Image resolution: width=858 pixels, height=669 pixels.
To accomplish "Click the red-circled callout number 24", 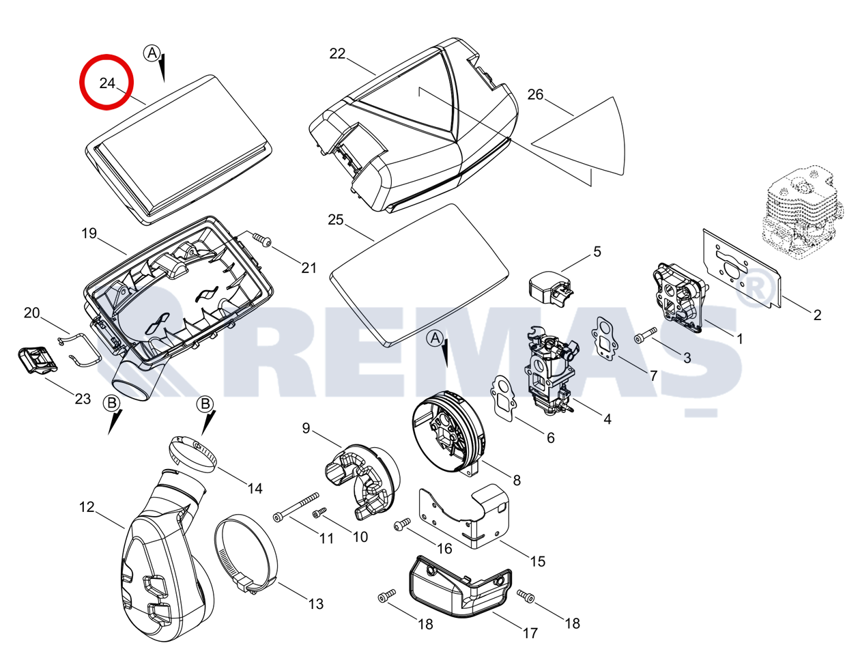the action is coord(107,83).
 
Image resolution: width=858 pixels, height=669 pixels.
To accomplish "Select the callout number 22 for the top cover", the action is coord(337,54).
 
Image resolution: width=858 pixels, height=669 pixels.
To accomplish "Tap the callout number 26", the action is coord(535,95).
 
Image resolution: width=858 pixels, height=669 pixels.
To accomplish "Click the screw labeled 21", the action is coord(262,240).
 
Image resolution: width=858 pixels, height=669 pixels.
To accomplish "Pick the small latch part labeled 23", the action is coord(38,360).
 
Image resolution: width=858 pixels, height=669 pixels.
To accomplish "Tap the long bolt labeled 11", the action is coord(296,505).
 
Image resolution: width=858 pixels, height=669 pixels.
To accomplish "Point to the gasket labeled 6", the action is coord(503,398).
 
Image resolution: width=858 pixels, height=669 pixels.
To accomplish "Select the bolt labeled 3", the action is coord(645,335).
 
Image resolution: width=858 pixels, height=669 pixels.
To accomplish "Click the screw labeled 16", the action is coord(402,524).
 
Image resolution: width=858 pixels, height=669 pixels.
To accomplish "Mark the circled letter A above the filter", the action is coord(152,53).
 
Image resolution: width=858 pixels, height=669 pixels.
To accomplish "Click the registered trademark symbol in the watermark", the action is coord(755,287).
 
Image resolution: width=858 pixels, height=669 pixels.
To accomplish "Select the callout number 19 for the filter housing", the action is coord(89,233).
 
